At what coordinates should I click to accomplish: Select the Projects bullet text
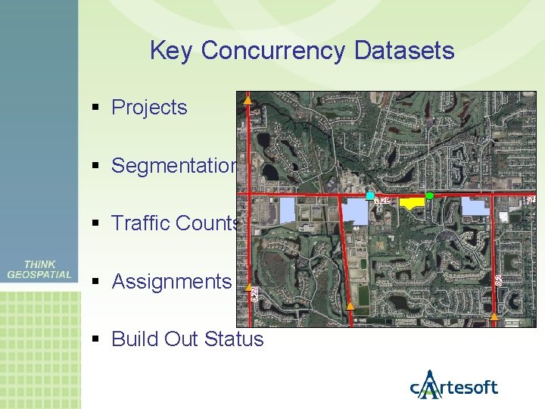point(149,108)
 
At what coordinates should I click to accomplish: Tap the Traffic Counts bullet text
point(175,223)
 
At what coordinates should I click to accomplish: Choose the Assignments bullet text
point(171,282)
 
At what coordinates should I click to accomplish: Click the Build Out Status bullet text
point(187,339)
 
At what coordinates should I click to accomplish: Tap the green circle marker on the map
point(429,196)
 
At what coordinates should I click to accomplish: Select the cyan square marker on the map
point(369,195)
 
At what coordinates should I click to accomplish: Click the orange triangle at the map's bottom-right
point(494,316)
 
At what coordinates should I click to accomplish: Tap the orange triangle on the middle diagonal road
point(350,305)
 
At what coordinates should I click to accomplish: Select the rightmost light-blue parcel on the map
point(475,207)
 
